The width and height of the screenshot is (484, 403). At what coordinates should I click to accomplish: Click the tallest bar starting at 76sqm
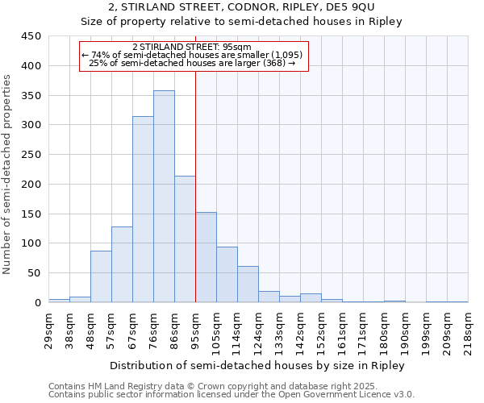pos(164,197)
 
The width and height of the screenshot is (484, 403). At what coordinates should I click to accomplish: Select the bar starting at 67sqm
pos(143,210)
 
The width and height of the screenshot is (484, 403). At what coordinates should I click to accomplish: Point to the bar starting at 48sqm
pos(101,276)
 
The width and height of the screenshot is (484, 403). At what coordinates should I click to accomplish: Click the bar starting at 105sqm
pos(227,275)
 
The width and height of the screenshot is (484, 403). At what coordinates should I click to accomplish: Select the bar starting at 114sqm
pos(248,285)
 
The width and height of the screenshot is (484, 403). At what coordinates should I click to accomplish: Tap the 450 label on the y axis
pos(31,36)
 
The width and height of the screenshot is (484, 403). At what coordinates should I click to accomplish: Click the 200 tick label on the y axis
pos(31,185)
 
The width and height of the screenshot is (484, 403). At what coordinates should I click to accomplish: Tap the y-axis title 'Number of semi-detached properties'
pos(8,174)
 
